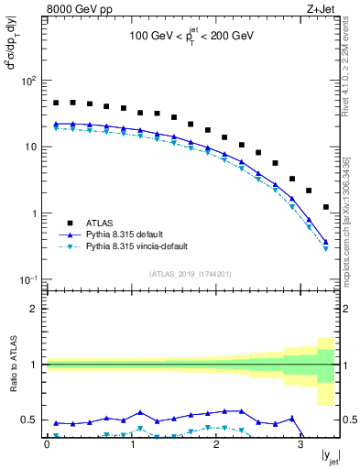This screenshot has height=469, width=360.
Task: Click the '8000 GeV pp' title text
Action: [x=73, y=10]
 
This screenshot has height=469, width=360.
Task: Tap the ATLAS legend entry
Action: [x=102, y=223]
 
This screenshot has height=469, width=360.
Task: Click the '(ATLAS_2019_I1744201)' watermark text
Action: [x=190, y=272]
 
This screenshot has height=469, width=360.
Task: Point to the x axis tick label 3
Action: [x=301, y=444]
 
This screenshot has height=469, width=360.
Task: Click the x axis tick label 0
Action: [x=47, y=444]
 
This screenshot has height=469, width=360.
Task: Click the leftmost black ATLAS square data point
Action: [x=56, y=104]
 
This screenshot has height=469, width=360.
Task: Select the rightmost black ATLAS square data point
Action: [x=326, y=207]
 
